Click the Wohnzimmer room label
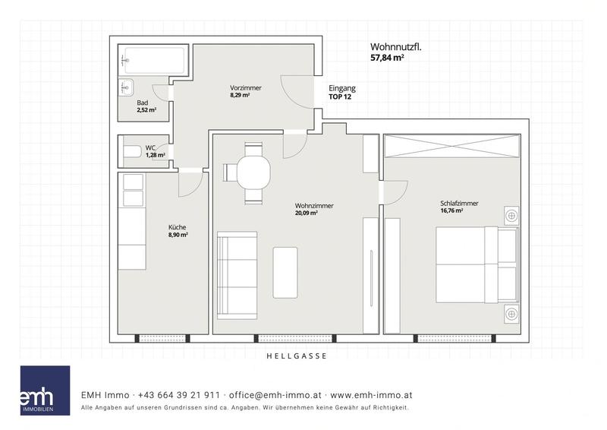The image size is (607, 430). [314, 205]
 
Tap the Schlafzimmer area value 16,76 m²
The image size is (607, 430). [451, 211]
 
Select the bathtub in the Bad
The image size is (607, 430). [154, 60]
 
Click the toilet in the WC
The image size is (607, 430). [132, 152]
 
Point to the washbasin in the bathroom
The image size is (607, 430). [126, 87]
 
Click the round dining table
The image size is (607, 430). [253, 172]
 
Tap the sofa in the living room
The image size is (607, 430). [237, 275]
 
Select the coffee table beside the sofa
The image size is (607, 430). [285, 273]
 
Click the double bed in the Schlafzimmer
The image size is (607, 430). [477, 265]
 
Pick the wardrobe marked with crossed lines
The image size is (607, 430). [452, 146]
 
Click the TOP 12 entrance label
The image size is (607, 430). [340, 97]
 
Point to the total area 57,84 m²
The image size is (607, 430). [388, 58]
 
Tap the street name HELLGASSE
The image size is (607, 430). [297, 356]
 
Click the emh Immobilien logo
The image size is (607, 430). [45, 390]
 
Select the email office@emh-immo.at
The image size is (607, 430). [275, 395]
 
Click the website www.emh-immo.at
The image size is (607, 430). [371, 395]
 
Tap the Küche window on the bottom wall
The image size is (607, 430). [162, 339]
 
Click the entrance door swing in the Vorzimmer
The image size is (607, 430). [297, 91]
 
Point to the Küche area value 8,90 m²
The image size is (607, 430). [178, 235]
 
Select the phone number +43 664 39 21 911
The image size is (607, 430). [179, 395]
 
